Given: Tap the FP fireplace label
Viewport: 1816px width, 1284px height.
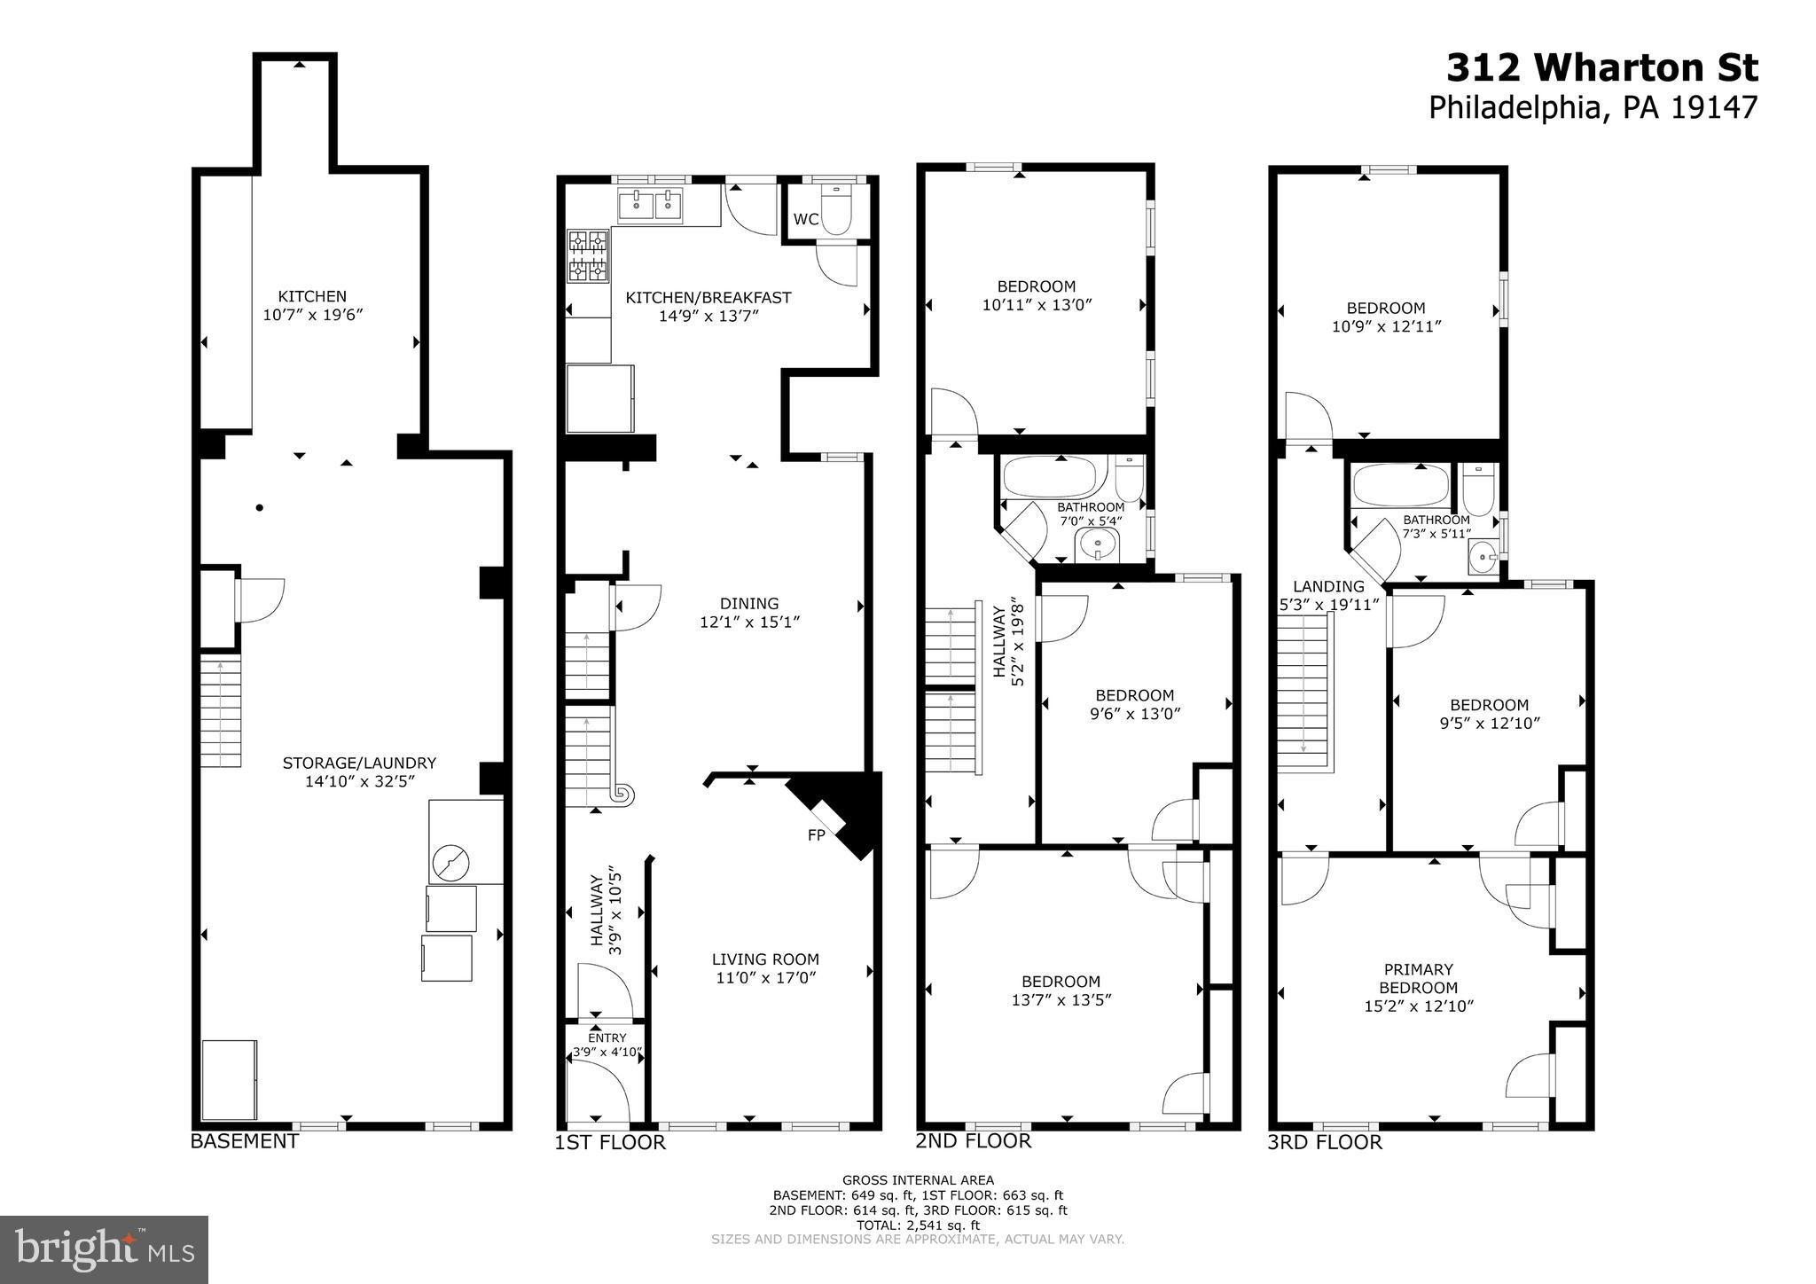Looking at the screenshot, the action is tap(817, 835).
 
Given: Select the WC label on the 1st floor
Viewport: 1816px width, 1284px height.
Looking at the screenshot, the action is tap(806, 219).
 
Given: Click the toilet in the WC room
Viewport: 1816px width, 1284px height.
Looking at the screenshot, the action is tap(835, 211).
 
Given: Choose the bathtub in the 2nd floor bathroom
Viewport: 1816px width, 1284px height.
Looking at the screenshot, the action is tap(1054, 476).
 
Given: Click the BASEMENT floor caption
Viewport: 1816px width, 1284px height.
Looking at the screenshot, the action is tap(245, 1141).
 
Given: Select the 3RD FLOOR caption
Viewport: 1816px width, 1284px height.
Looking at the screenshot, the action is tap(1325, 1142).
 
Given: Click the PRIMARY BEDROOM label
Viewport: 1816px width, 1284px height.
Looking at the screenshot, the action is tap(1419, 979).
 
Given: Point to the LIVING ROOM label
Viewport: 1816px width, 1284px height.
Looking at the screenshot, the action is tap(765, 959).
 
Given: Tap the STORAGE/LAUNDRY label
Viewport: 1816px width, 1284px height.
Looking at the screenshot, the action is tap(359, 763).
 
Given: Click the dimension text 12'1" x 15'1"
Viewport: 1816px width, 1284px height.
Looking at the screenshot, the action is tap(750, 622).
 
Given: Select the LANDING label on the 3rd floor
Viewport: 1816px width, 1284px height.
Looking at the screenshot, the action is tap(1328, 586).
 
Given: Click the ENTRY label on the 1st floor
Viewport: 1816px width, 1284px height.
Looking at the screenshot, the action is tap(607, 1037).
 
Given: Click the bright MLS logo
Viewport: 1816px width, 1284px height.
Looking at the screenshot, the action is tap(105, 1249).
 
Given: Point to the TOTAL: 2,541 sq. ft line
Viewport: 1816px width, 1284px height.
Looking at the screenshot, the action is tap(918, 1225).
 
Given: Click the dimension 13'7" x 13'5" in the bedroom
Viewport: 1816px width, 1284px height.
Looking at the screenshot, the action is tap(1061, 999).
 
